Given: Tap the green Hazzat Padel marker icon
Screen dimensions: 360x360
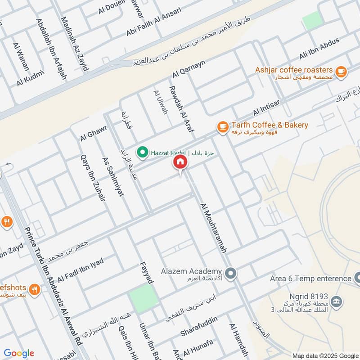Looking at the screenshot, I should point(143,153).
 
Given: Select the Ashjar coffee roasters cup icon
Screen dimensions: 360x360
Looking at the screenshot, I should point(342,70).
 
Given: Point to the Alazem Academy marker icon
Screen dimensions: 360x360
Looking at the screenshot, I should point(231,273).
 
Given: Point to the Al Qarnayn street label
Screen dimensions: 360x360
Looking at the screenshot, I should point(189,69).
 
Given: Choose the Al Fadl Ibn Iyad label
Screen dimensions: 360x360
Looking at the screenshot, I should point(81,270).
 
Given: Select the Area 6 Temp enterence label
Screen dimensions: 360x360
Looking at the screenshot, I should point(310,279).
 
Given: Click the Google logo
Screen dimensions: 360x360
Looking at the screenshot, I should point(19,353).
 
